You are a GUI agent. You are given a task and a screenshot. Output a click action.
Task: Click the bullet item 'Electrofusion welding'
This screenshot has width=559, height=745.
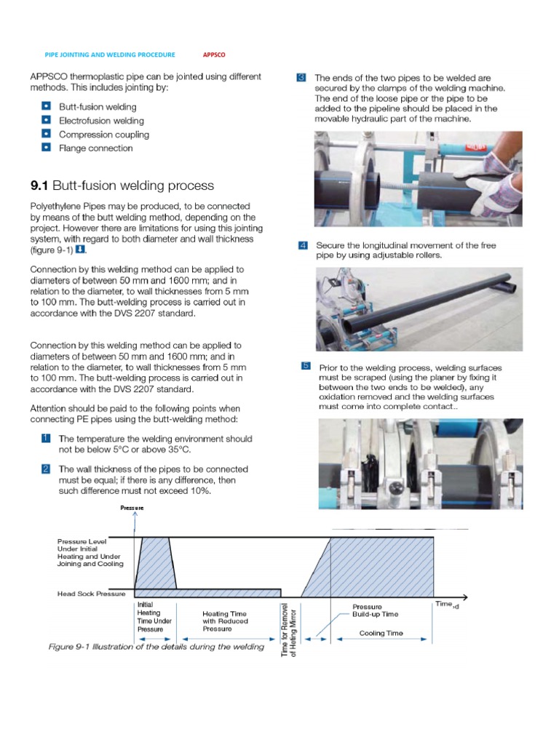pyautogui.click(x=101, y=121)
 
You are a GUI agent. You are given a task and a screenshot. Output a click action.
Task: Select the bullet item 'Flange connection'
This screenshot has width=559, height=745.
pyautogui.click(x=95, y=148)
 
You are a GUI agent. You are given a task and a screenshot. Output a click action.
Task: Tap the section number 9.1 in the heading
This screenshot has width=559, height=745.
pyautogui.click(x=39, y=186)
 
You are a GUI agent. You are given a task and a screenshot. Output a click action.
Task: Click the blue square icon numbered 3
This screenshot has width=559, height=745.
pyautogui.click(x=302, y=78)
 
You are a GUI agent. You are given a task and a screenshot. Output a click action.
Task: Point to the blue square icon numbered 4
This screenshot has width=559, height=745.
pyautogui.click(x=302, y=245)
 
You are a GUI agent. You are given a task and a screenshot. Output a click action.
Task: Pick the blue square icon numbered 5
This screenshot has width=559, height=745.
pyautogui.click(x=306, y=366)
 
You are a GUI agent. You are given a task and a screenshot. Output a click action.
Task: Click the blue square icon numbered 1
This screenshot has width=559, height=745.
pyautogui.click(x=45, y=439)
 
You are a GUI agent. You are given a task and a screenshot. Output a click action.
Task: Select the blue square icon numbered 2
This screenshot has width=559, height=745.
pyautogui.click(x=45, y=469)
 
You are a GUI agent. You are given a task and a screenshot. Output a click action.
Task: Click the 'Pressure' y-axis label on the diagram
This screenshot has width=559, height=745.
pyautogui.click(x=132, y=508)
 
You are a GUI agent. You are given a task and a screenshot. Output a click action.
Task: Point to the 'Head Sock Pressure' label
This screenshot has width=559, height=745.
pyautogui.click(x=92, y=594)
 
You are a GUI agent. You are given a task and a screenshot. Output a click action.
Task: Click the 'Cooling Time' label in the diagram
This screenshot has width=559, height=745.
pyautogui.click(x=381, y=633)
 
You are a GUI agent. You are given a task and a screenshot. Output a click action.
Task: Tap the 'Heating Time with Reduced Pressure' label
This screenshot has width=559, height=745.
pyautogui.click(x=225, y=621)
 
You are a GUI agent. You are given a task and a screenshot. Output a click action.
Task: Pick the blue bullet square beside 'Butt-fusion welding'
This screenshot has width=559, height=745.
pyautogui.click(x=46, y=107)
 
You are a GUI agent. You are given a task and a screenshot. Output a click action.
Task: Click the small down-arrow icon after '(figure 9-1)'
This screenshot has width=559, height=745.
pyautogui.click(x=81, y=250)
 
